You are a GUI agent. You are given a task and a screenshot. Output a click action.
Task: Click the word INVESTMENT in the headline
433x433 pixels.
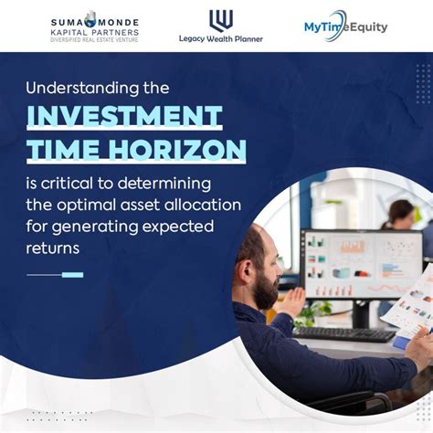coord(124,116)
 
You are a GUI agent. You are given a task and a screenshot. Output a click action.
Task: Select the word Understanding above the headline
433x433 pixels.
coord(82,89)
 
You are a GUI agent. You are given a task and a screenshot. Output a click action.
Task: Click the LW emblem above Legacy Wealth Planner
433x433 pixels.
coord(221,20)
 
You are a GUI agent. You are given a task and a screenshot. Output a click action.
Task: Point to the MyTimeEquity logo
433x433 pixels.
coord(345,26)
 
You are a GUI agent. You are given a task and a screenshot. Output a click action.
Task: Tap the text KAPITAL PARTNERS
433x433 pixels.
coord(95,32)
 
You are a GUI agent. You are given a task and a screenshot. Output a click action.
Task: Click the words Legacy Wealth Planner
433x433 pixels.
coord(221,39)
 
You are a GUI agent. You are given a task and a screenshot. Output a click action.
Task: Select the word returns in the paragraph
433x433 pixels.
coord(53,248)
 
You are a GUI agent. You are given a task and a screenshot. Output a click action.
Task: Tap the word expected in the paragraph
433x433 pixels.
coord(178,227)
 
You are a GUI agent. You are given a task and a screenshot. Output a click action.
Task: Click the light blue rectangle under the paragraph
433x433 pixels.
coord(72,275)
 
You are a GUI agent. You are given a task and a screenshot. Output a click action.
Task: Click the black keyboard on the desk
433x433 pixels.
coord(343,334)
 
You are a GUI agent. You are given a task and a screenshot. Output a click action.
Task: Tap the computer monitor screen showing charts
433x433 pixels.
coord(362,264)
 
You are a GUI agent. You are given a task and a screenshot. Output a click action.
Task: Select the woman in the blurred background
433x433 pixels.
coord(400,216)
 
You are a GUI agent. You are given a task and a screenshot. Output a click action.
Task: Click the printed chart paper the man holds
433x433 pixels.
coord(410,304)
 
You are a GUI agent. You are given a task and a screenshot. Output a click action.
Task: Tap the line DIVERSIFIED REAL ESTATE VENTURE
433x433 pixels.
coord(94,40)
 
